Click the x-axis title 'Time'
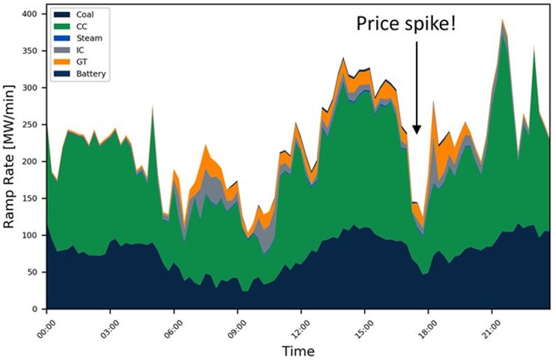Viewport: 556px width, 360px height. click(298, 350)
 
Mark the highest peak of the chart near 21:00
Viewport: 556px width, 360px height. click(503, 20)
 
